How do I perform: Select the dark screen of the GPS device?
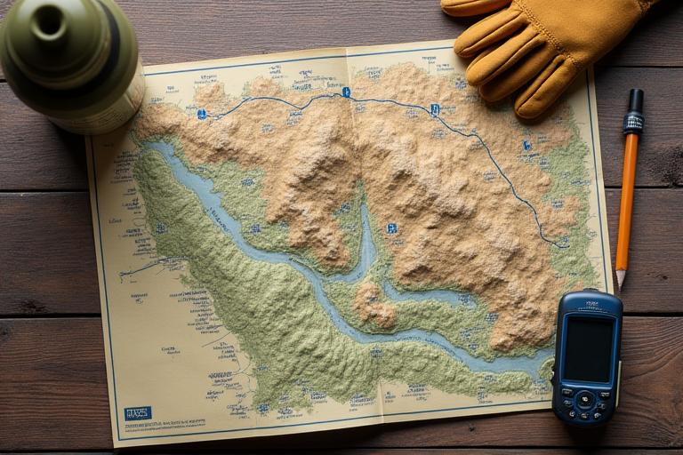point(589,349)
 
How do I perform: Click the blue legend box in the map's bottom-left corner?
point(137,412)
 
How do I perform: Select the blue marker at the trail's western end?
point(202,114)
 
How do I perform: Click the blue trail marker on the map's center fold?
point(346,92)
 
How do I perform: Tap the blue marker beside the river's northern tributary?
point(391,228)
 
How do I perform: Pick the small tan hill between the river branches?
point(374,307)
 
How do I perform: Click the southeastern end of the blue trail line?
point(557,244)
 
